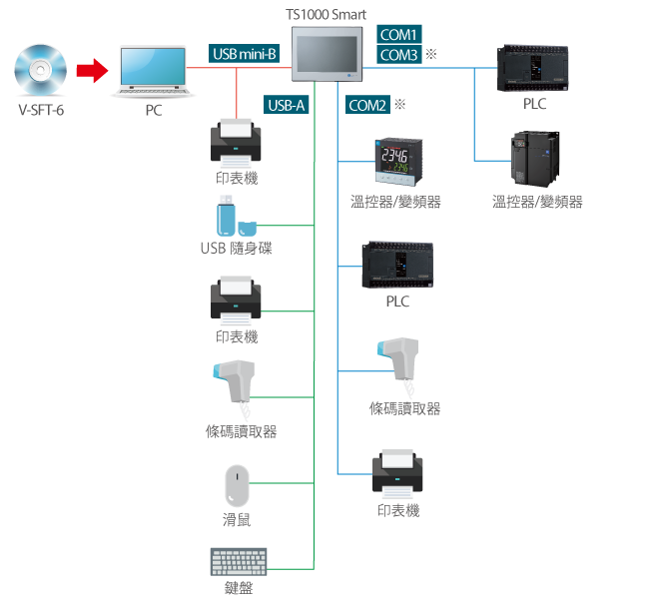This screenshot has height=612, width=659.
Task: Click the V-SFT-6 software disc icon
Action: tap(41, 70)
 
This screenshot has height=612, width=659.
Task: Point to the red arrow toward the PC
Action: tap(92, 70)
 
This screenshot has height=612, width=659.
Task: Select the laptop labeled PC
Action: tap(152, 72)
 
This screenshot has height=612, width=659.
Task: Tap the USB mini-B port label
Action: tap(245, 53)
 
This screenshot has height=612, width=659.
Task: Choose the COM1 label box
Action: tap(400, 33)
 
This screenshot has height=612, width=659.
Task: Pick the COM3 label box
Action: tap(400, 55)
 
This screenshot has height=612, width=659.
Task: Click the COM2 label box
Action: tap(367, 105)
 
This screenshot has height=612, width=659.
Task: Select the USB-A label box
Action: tap(287, 105)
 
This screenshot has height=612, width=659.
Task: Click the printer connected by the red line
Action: tap(237, 143)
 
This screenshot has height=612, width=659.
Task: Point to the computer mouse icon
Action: tap(236, 486)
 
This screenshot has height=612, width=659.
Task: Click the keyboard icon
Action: tap(239, 561)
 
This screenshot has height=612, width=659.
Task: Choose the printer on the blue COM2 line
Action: tap(397, 473)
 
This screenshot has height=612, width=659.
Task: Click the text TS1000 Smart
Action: tap(332, 14)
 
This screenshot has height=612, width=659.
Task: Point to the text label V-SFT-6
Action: tap(41, 110)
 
